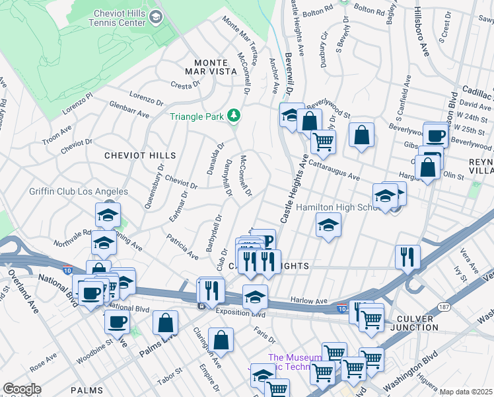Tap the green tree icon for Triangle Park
[233, 116]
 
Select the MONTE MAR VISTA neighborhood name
[213, 64]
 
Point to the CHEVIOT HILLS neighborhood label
[141, 155]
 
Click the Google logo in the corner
[22, 388]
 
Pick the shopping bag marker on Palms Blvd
[165, 323]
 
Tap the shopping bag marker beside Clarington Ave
[221, 339]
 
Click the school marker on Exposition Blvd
[255, 297]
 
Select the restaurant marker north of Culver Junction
[407, 256]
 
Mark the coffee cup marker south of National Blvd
[117, 322]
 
